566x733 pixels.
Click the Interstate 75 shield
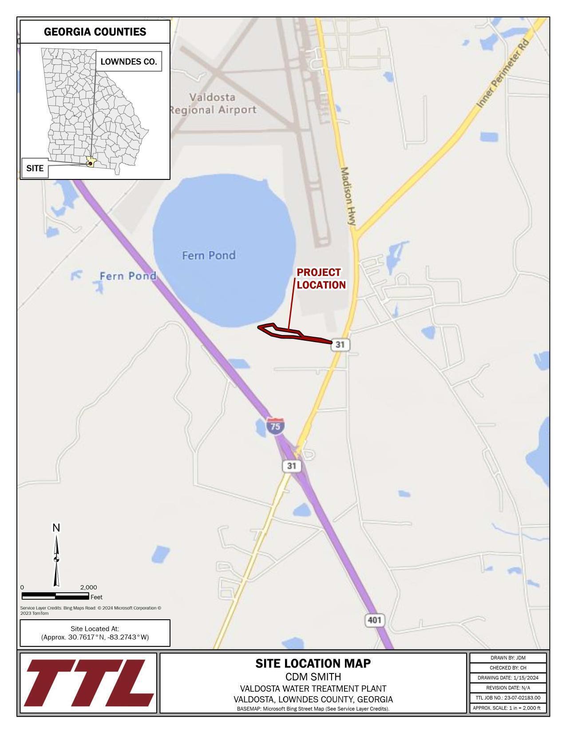(x=275, y=426)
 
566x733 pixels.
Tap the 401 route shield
(x=374, y=620)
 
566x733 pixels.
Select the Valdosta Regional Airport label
(x=213, y=104)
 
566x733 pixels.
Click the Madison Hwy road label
(x=349, y=198)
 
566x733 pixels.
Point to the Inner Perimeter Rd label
(x=504, y=74)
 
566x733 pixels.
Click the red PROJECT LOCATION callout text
(x=321, y=279)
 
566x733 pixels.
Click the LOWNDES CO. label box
(x=129, y=62)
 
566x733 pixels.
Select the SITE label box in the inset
(x=35, y=168)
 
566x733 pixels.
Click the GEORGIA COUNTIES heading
(x=95, y=32)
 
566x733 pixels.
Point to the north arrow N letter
(x=56, y=528)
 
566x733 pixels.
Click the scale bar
(x=55, y=596)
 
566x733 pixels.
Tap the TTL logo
(x=89, y=683)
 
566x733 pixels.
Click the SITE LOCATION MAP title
(x=313, y=663)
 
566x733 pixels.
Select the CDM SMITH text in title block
(x=313, y=677)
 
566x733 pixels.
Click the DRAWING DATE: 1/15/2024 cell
(x=508, y=678)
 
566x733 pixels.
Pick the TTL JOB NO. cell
(x=508, y=698)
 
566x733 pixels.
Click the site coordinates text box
(x=95, y=633)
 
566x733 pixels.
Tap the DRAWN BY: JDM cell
(x=508, y=658)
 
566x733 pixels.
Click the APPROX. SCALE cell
(x=508, y=708)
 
